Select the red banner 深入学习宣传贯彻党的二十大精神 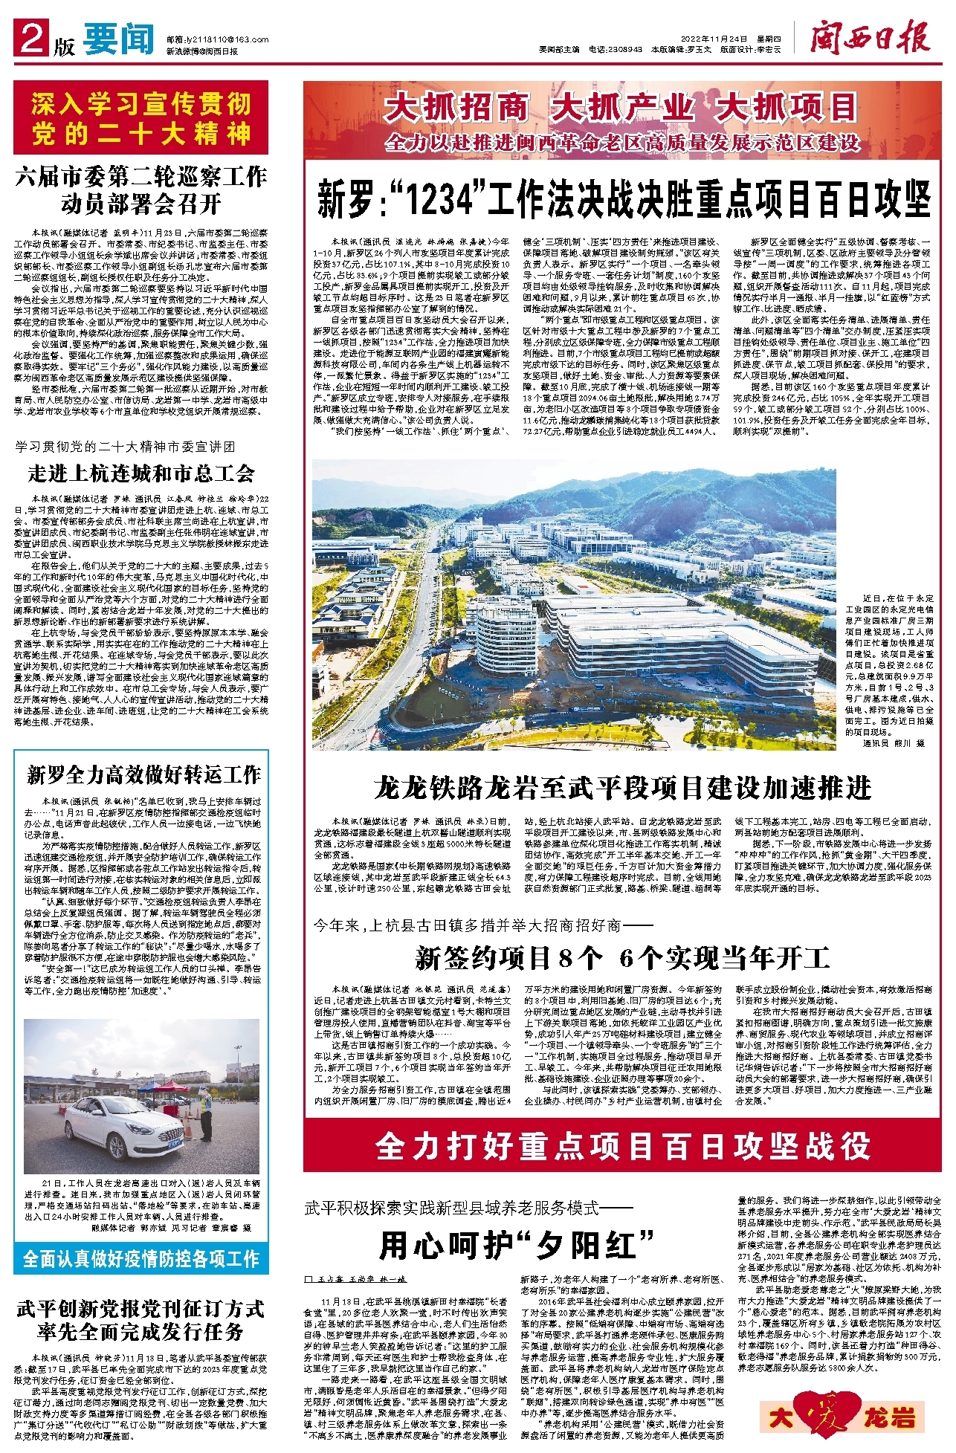tap(141, 119)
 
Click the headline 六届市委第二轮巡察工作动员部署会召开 tap(141, 190)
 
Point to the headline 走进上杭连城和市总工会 tap(141, 473)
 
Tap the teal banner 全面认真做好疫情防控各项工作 tap(141, 1258)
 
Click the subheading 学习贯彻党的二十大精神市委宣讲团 tap(125, 447)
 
